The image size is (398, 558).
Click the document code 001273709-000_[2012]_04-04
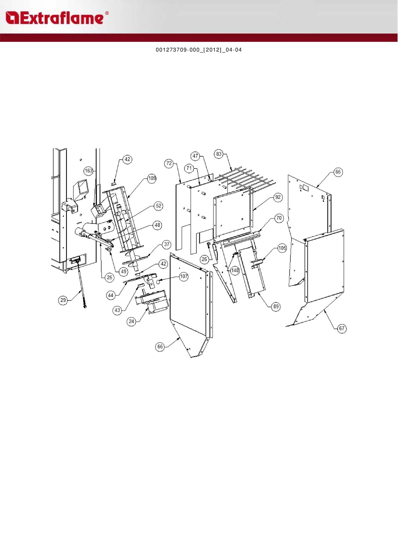click(199, 50)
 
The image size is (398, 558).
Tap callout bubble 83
click(219, 154)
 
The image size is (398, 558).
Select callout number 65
click(338, 172)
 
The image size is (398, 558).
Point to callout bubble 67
click(342, 328)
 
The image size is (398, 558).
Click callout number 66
click(160, 347)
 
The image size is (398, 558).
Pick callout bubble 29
click(63, 300)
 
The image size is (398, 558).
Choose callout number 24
click(132, 321)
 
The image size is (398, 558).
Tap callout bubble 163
click(89, 171)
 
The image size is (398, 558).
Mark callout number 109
click(152, 178)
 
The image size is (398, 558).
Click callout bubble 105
click(282, 248)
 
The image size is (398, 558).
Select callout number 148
click(235, 270)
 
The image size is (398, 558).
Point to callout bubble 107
click(184, 276)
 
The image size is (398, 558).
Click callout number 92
click(278, 197)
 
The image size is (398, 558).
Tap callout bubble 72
click(169, 163)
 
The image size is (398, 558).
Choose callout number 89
click(276, 306)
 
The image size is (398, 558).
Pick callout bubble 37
click(167, 245)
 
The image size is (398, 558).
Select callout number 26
click(204, 259)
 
